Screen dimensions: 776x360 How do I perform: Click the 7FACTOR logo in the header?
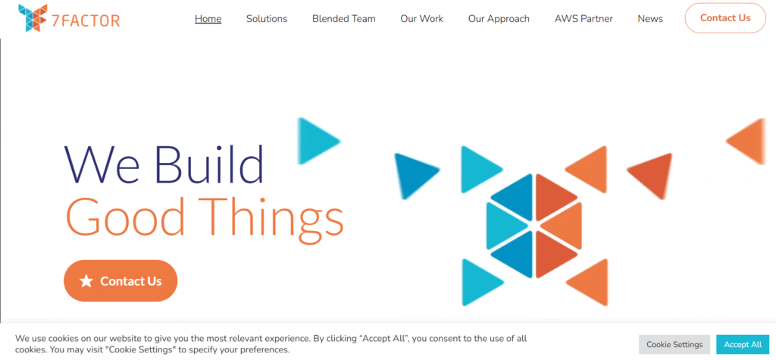click(x=69, y=18)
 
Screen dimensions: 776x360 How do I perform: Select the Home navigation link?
click(x=208, y=19)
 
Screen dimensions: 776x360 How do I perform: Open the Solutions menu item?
click(x=267, y=19)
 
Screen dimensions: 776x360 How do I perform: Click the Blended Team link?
click(x=344, y=19)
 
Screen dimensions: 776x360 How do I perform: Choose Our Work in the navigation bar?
click(x=421, y=19)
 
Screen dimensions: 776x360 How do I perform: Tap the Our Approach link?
click(x=499, y=19)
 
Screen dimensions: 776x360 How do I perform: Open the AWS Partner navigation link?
click(x=584, y=19)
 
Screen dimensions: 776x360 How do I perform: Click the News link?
click(x=650, y=19)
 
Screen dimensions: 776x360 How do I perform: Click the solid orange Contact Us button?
click(x=120, y=280)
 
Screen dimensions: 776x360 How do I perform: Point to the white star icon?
click(x=86, y=281)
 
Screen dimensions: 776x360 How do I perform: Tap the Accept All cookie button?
click(x=743, y=345)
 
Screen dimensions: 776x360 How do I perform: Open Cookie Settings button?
click(x=674, y=345)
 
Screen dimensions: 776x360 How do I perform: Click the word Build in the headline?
click(x=209, y=164)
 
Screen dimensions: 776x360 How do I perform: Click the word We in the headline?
click(x=105, y=164)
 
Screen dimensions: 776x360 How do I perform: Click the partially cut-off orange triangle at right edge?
click(x=748, y=141)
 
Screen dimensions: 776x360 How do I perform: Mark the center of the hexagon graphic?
click(x=533, y=225)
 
